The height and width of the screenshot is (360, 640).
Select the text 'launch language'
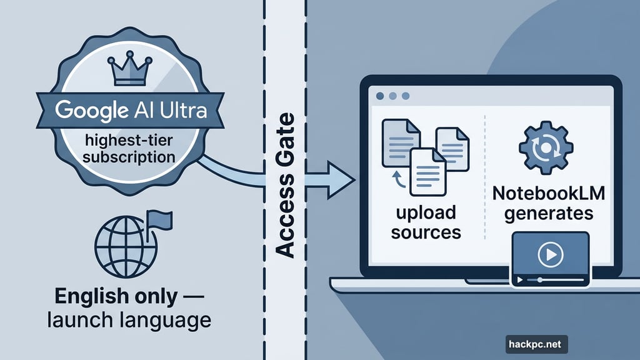coord(127,321)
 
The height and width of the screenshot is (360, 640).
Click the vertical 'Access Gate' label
coord(285,186)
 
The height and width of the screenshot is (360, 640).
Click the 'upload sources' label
coord(429,222)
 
